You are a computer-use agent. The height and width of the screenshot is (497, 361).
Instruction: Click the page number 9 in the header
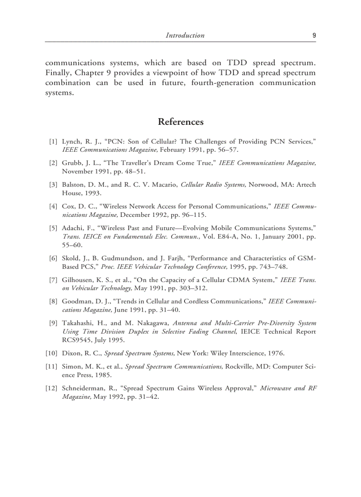coord(314,35)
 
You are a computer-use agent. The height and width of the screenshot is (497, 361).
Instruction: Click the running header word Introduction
coord(185,35)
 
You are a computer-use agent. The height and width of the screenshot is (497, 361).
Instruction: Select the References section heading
coord(180,122)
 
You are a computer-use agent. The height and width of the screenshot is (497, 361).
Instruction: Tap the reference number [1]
coord(53,142)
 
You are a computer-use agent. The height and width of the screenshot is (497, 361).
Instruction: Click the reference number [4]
coord(53,206)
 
